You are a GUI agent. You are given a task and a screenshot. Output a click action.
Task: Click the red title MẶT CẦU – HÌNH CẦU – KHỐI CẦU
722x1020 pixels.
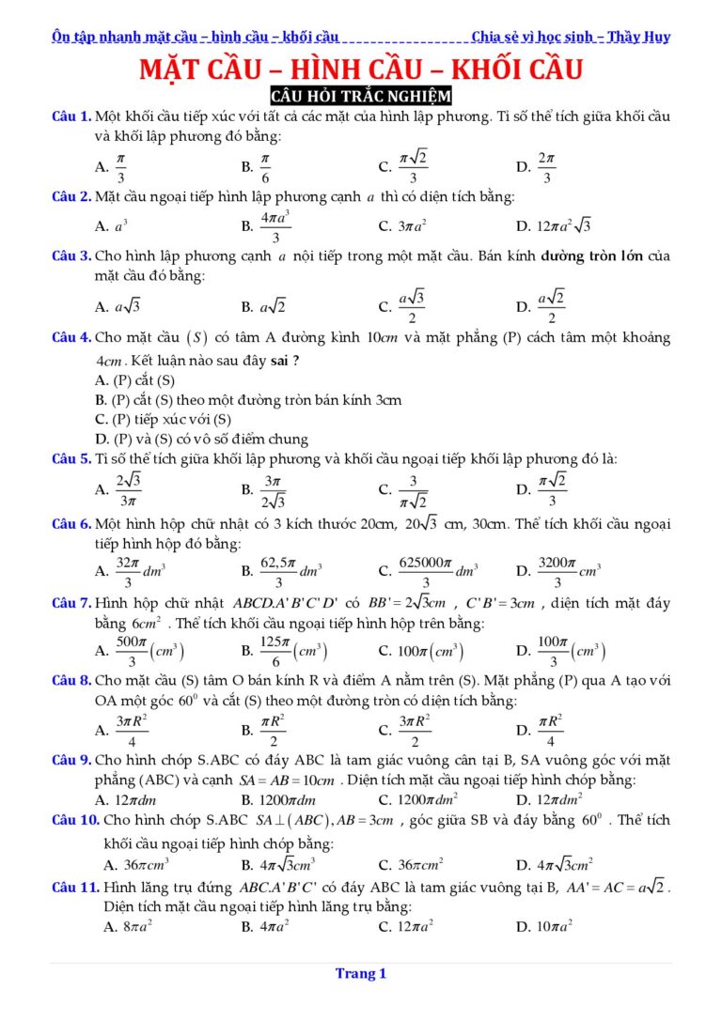pyautogui.click(x=361, y=70)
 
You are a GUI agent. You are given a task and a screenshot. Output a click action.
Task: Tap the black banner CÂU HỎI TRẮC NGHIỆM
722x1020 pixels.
pyautogui.click(x=361, y=96)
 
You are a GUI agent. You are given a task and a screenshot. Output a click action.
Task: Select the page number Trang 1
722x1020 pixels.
pyautogui.click(x=361, y=974)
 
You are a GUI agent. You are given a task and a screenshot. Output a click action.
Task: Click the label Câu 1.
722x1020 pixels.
pyautogui.click(x=71, y=116)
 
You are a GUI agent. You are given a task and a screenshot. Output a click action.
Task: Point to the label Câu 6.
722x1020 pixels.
pyautogui.click(x=71, y=523)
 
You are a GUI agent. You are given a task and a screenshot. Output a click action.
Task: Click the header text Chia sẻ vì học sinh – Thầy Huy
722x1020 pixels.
pyautogui.click(x=571, y=38)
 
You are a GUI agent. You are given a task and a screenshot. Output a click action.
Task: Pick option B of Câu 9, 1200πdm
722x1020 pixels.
pyautogui.click(x=278, y=799)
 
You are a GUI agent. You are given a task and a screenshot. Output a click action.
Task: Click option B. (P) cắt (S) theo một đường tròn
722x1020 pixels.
pyautogui.click(x=248, y=399)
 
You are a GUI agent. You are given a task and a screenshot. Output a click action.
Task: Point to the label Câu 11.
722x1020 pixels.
pyautogui.click(x=75, y=886)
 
